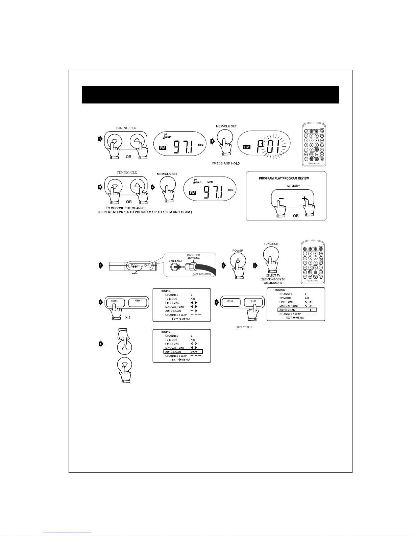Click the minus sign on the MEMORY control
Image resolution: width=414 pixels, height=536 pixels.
(x=281, y=199)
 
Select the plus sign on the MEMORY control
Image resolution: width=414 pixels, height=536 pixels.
(x=304, y=199)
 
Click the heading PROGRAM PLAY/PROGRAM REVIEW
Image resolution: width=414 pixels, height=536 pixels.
(x=284, y=178)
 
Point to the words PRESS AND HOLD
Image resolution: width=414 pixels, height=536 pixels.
(x=226, y=163)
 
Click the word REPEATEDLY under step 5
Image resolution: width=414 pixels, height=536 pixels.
(x=244, y=327)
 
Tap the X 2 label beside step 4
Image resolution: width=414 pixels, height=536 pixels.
(x=128, y=318)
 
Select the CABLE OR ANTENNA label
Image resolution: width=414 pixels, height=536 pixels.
(x=193, y=257)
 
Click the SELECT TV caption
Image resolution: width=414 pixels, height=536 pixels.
(x=273, y=276)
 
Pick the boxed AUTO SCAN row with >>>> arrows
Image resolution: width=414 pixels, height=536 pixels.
(x=183, y=352)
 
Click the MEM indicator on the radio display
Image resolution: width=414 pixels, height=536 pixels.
(x=210, y=182)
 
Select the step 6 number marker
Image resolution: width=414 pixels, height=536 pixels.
(x=100, y=344)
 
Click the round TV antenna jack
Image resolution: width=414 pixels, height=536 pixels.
(x=175, y=266)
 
